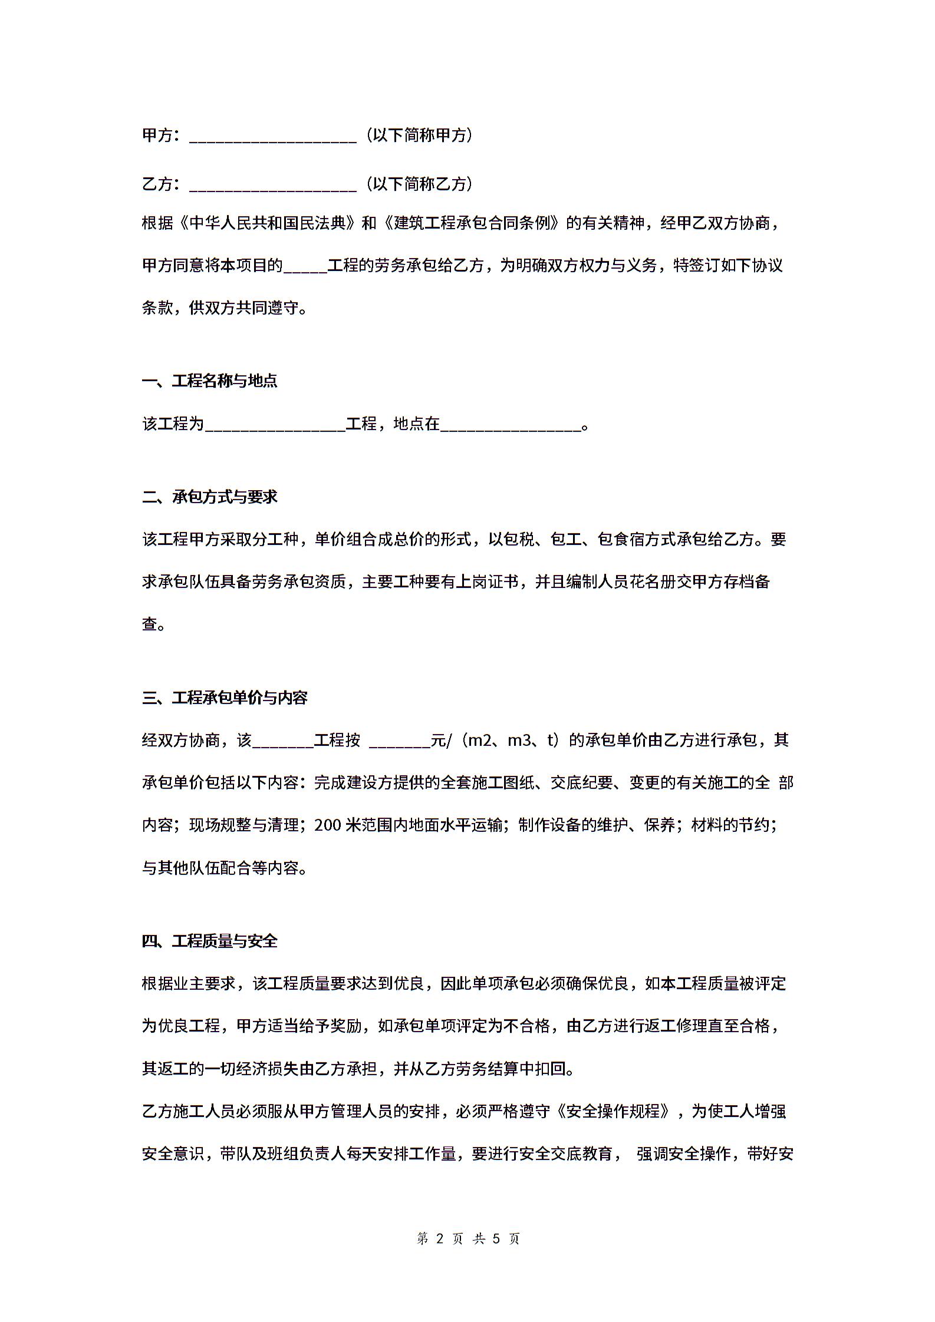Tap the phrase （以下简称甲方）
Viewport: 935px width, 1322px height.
pyautogui.click(x=419, y=135)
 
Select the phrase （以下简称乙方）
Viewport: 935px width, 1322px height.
pyautogui.click(x=419, y=184)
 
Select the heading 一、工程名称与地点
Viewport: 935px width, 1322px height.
pyautogui.click(x=210, y=381)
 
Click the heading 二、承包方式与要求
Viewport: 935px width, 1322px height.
pyautogui.click(x=210, y=497)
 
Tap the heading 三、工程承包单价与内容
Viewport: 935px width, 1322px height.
pyautogui.click(x=225, y=698)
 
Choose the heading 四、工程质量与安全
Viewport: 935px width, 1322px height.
pyautogui.click(x=210, y=941)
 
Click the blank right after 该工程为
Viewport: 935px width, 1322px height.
pyautogui.click(x=275, y=425)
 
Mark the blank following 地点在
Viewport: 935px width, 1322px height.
pyautogui.click(x=511, y=425)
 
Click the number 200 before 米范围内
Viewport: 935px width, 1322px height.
pyautogui.click(x=328, y=825)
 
